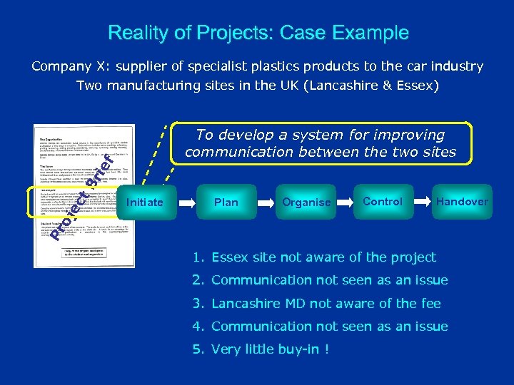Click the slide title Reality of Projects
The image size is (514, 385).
(x=258, y=33)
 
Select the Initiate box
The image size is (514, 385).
(x=145, y=202)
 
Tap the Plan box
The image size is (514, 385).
(x=226, y=202)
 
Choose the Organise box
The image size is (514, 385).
(x=306, y=202)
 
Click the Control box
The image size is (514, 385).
(x=383, y=202)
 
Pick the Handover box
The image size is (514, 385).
(x=462, y=202)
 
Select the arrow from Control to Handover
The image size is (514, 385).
(x=424, y=202)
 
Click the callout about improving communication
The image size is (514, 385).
(x=320, y=143)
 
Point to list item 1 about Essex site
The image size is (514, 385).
(x=314, y=257)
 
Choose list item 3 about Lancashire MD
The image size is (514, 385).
(x=316, y=303)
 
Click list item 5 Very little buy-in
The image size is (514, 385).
(x=260, y=349)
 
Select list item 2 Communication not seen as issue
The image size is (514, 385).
(x=319, y=280)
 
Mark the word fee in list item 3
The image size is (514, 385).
(x=431, y=303)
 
